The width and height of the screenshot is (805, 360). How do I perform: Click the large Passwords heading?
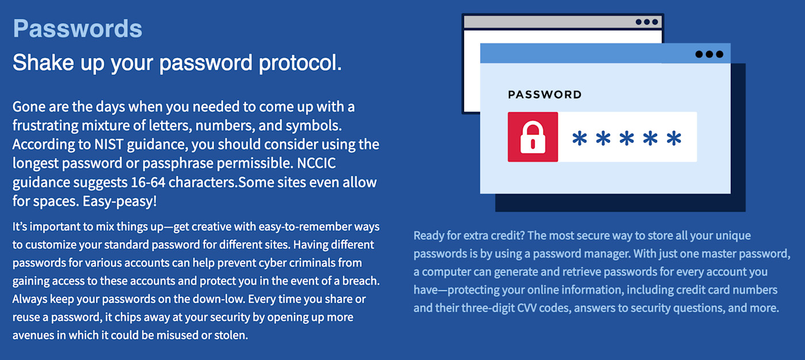pos(77,29)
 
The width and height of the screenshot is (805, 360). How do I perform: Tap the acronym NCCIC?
pos(316,163)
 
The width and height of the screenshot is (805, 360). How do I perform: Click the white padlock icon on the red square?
pos(532,137)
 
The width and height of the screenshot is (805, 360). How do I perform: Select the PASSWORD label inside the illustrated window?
pos(545,95)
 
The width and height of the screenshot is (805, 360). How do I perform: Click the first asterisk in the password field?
pos(580,138)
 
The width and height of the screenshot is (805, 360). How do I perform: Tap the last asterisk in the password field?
pos(673,138)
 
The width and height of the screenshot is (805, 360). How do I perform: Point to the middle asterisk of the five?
pos(627,138)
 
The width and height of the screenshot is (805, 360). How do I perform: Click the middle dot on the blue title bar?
pos(709,54)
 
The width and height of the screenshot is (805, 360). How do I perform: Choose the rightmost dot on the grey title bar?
pos(654,22)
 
